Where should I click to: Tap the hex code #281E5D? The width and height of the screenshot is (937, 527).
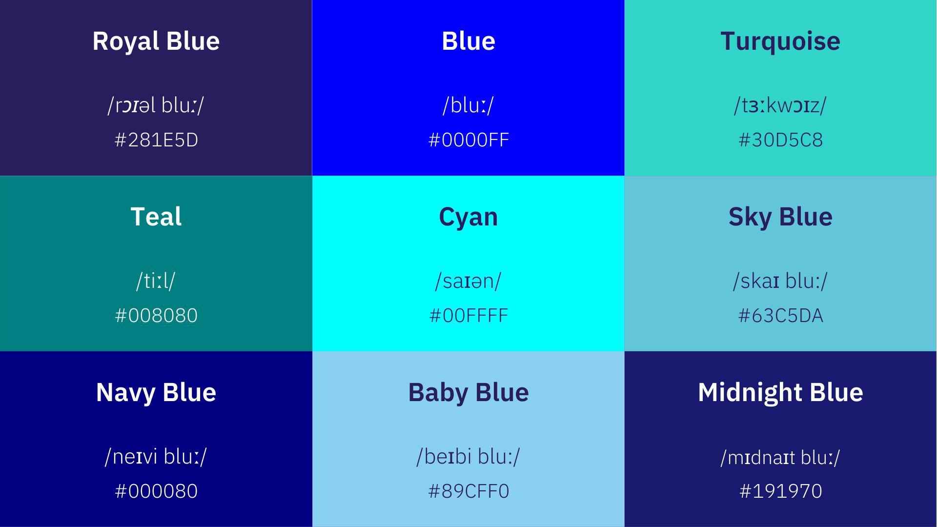click(156, 140)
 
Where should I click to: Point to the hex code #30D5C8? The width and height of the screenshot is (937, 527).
click(780, 140)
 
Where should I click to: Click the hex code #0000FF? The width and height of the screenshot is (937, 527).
click(468, 140)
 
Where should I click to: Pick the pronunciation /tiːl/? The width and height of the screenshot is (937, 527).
click(156, 281)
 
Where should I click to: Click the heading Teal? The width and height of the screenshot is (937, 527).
click(156, 217)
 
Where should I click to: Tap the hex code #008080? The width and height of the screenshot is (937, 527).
click(156, 316)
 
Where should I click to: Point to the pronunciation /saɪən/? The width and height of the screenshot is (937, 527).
click(468, 281)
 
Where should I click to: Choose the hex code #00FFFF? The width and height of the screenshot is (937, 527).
click(468, 316)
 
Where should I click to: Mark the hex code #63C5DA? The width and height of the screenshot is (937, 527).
click(780, 316)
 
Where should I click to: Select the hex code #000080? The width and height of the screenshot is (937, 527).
click(156, 491)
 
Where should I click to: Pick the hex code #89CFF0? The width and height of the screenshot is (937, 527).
click(468, 491)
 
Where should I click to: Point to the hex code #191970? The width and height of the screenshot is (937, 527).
click(780, 491)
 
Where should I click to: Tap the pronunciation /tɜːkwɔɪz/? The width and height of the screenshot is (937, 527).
click(780, 105)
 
